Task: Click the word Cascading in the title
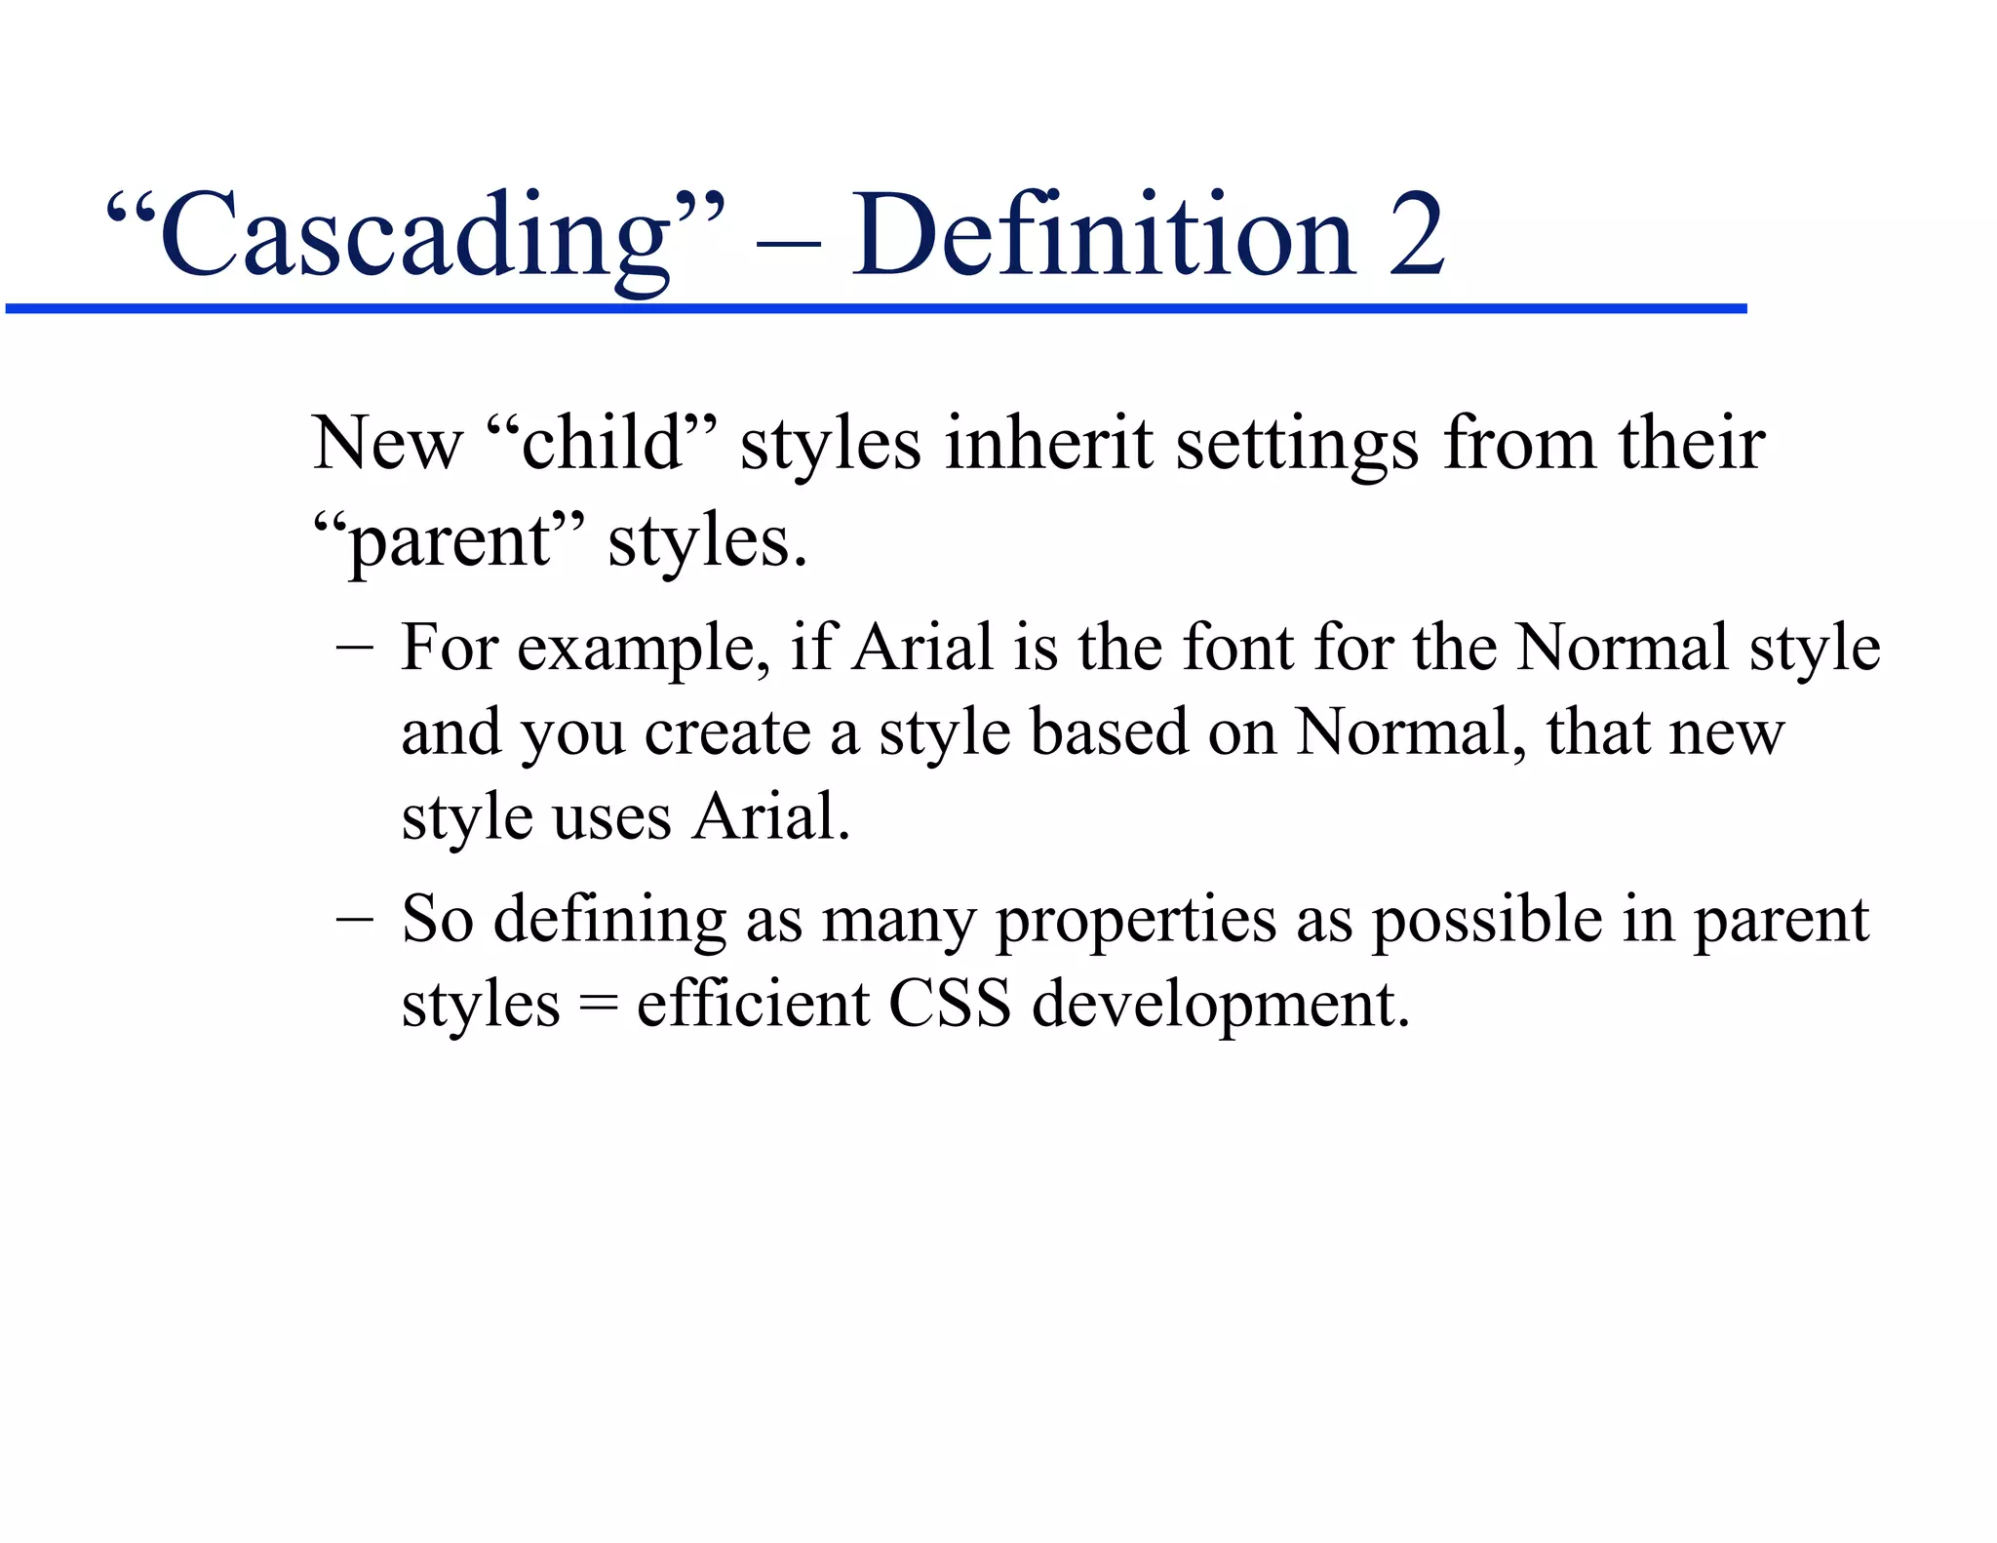[415, 236]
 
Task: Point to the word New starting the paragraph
[386, 444]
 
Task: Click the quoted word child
[601, 444]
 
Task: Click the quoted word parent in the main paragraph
[450, 542]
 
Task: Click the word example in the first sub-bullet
[643, 650]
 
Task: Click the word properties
[1135, 922]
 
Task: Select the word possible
[1487, 922]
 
